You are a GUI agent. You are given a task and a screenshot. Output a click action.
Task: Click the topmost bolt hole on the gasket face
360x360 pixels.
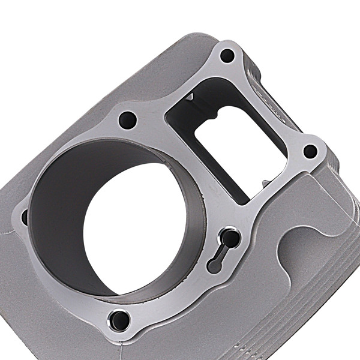click(x=227, y=56)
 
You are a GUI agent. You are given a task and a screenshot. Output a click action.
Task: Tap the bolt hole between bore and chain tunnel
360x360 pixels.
click(x=127, y=119)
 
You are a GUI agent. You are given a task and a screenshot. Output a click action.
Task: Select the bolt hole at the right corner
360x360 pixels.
click(x=310, y=151)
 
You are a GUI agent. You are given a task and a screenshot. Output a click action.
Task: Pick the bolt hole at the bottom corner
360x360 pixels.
click(x=120, y=319)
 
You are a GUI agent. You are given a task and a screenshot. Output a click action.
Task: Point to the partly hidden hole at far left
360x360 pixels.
click(x=25, y=218)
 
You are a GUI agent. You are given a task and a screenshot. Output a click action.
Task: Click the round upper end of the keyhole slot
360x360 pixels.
click(x=230, y=238)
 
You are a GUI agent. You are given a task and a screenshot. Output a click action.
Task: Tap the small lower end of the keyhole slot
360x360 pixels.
click(x=213, y=266)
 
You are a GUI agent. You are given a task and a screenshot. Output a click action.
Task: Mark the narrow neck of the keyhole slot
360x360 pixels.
click(x=221, y=252)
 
